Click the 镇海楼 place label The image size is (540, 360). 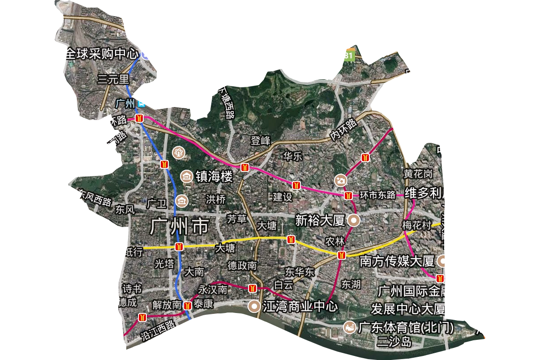pos(214,176)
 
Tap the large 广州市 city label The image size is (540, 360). pos(180,226)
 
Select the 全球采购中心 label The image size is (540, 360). pos(101,54)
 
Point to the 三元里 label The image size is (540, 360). pos(113,80)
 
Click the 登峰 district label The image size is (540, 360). pos(261,141)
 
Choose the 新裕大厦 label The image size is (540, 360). pos(320,220)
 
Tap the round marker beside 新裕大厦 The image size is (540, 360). pos(354,220)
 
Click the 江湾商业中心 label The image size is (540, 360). pos(300,307)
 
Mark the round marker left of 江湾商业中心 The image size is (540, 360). pos(254,306)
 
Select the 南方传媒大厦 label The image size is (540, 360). pos(397,261)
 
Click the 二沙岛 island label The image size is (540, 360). pos(394,342)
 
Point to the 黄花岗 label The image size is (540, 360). pos(418,173)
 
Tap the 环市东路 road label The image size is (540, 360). pos(378,195)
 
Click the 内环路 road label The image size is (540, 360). pos(343,130)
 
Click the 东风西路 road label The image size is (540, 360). pos(95,197)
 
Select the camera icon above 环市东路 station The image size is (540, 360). pos(341,180)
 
